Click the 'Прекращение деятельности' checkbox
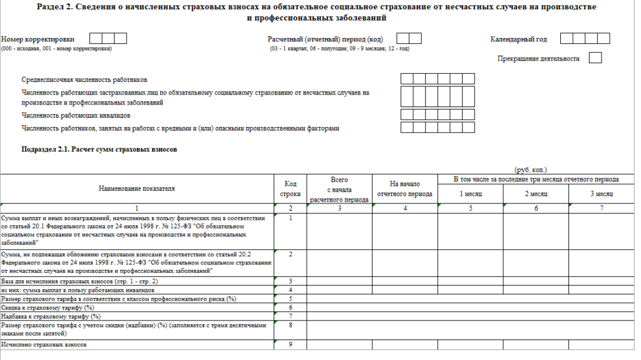[595, 58]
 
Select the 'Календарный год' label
[518, 39]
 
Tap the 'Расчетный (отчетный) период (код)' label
[325, 39]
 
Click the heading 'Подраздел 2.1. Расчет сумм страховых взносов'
[100, 150]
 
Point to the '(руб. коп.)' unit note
[530, 170]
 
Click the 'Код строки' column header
[290, 188]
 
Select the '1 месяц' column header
[471, 194]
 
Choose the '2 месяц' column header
[536, 194]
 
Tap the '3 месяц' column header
[601, 194]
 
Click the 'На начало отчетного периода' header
[404, 188]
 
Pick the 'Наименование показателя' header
[136, 188]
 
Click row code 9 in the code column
[290, 344]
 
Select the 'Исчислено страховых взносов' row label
[44, 345]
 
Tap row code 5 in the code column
[290, 299]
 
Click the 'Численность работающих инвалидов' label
[76, 115]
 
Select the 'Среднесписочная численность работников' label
[85, 80]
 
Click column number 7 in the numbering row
[601, 208]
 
